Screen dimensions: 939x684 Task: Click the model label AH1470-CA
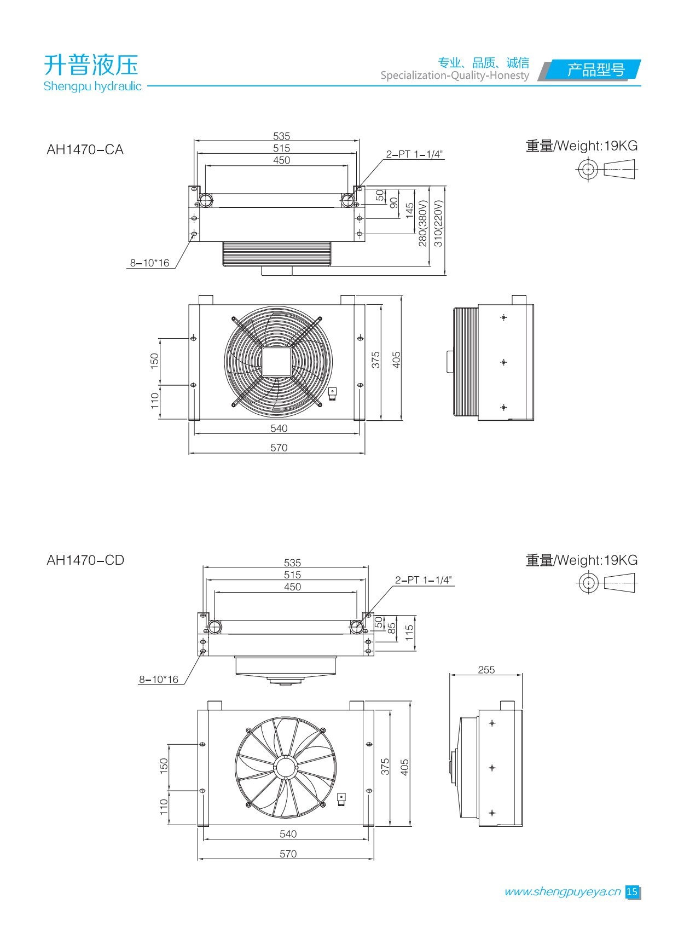pyautogui.click(x=85, y=150)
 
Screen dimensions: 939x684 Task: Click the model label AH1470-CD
pyautogui.click(x=85, y=560)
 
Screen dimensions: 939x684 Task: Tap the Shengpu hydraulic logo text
pyautogui.click(x=92, y=86)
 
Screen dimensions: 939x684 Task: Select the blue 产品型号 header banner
pyautogui.click(x=595, y=70)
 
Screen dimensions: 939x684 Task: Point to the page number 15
pyautogui.click(x=632, y=892)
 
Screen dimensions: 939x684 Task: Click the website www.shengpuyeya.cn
pyautogui.click(x=562, y=892)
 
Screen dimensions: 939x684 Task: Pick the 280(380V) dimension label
pyautogui.click(x=422, y=223)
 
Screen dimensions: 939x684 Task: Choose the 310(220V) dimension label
pyautogui.click(x=438, y=223)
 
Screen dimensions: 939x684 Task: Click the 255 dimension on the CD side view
pyautogui.click(x=486, y=670)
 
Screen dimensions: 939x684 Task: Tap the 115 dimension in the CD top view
pyautogui.click(x=409, y=633)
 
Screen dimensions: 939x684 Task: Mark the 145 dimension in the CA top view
pyautogui.click(x=409, y=211)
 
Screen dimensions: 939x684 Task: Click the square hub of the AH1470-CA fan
pyautogui.click(x=278, y=362)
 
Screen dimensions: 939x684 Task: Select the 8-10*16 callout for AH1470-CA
pyautogui.click(x=149, y=263)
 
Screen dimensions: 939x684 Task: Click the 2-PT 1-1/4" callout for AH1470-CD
pyautogui.click(x=424, y=580)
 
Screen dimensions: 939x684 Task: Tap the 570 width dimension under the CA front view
pyautogui.click(x=279, y=448)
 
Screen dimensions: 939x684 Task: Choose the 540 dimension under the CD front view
pyautogui.click(x=288, y=834)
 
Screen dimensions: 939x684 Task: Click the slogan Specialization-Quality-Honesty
pyautogui.click(x=455, y=76)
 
